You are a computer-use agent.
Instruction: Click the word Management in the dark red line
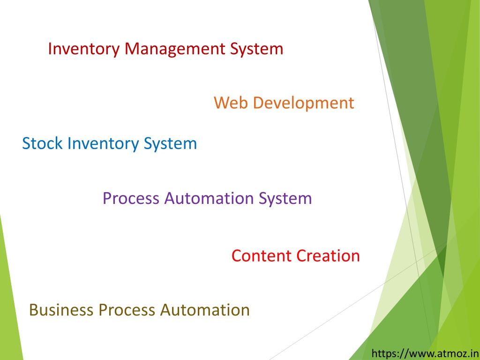pos(175,49)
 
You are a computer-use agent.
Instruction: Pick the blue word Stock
pos(42,143)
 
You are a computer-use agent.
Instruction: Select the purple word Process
pos(131,198)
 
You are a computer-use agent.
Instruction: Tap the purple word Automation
pos(209,198)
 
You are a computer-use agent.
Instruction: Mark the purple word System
pos(285,199)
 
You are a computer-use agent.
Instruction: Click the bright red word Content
pos(262,255)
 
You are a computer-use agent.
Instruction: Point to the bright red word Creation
pos(328,255)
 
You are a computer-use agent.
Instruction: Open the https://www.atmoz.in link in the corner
pos(425,353)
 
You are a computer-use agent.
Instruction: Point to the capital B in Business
pos(34,310)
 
